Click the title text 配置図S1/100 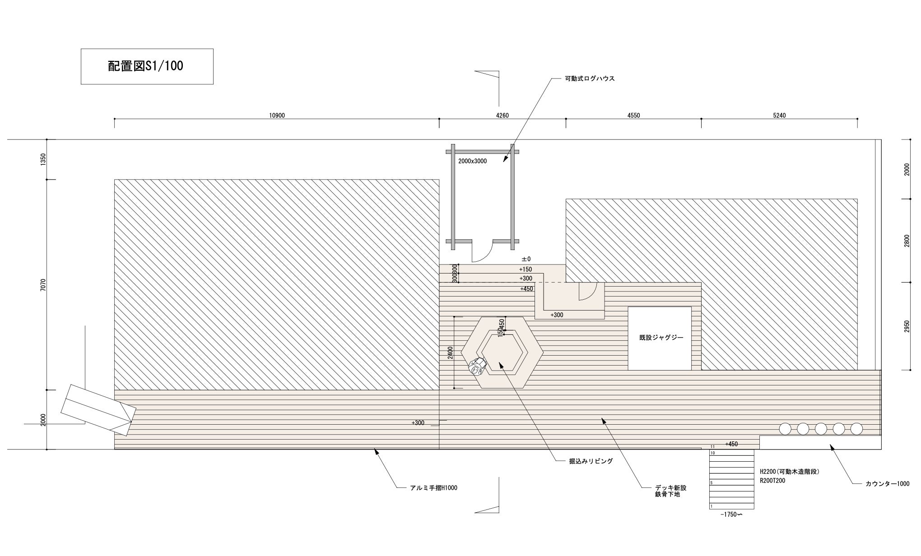146,66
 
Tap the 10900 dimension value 277,116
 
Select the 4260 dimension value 502,116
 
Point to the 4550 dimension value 633,116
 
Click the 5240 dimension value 779,116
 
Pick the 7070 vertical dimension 43,285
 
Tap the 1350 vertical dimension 43,159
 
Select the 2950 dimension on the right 907,326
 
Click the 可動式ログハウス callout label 590,79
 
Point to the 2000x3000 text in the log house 472,161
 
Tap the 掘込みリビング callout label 591,461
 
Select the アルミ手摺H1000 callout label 433,488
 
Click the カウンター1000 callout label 887,484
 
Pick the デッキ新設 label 670,488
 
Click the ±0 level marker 526,259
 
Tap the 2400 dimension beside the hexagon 450,352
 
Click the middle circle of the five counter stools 820,429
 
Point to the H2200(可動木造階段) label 789,472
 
